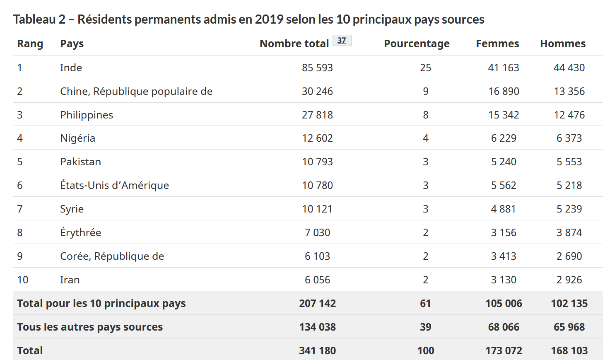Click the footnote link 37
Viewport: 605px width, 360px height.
(x=341, y=41)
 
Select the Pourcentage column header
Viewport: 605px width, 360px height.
(x=417, y=44)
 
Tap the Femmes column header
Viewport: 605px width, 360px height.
(x=497, y=44)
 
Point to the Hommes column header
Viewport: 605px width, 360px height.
(x=563, y=44)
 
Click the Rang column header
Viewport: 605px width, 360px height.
(x=30, y=44)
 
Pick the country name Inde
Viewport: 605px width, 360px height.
(x=71, y=68)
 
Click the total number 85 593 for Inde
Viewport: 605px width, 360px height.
(x=317, y=68)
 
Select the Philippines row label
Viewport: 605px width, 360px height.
(x=87, y=115)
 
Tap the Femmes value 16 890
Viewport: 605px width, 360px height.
(x=504, y=92)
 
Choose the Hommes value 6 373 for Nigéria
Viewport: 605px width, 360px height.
(x=569, y=138)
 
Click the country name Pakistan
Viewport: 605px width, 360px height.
(x=80, y=162)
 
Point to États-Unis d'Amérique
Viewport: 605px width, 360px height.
(x=115, y=186)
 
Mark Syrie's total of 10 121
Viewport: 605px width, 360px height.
(x=317, y=209)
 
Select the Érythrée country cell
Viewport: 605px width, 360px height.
(x=80, y=233)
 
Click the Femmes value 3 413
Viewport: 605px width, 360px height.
(x=504, y=256)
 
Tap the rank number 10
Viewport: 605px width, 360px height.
(x=23, y=280)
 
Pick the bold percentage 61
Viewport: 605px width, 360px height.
(x=425, y=304)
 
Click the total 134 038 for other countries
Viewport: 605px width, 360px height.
(x=317, y=327)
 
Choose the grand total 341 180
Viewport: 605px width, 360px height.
(x=317, y=351)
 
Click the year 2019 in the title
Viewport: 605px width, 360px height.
(x=269, y=19)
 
